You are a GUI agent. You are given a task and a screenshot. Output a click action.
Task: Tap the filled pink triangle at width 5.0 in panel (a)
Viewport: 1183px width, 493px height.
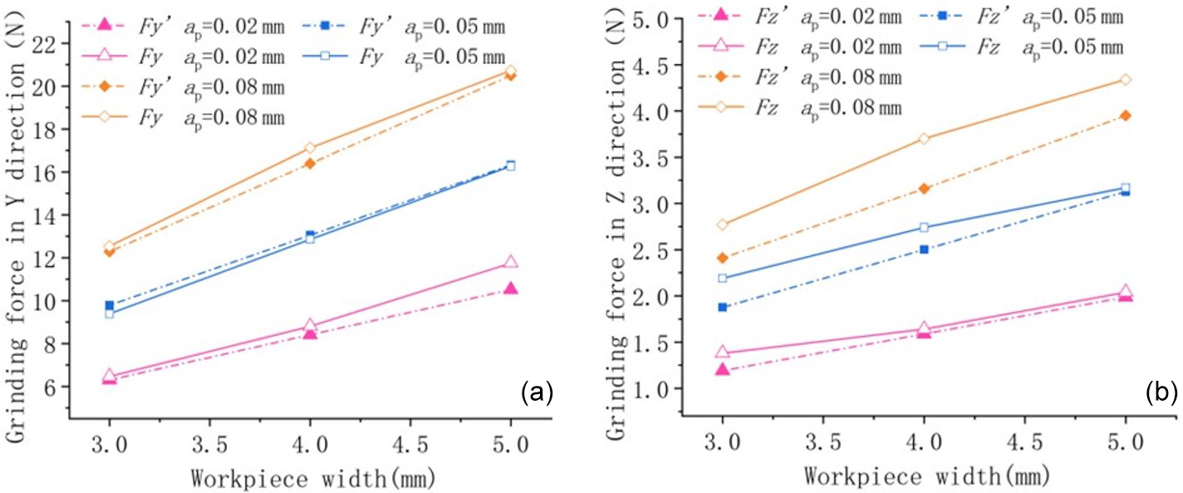pos(511,288)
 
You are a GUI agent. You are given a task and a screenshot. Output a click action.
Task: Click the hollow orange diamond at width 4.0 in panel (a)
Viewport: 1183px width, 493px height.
pos(310,148)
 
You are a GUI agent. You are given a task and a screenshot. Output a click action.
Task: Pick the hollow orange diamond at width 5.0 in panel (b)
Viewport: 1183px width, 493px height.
pos(1126,80)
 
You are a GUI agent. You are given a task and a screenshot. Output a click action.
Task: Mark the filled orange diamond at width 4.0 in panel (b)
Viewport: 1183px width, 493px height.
pos(924,189)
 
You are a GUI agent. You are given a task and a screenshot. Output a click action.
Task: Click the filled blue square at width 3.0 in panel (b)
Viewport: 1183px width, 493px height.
pos(723,307)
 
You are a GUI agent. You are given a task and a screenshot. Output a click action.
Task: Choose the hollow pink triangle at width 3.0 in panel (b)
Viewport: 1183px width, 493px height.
pos(723,352)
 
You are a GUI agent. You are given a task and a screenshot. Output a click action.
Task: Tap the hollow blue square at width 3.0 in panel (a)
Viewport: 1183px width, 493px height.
pos(109,313)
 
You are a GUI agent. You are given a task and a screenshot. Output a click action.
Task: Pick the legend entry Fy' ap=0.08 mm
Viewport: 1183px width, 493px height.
pos(188,87)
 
